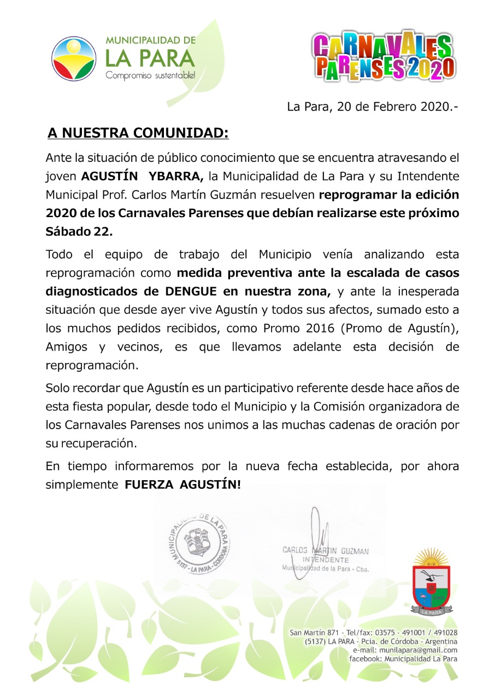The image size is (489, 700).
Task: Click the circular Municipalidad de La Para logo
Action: tap(74, 59)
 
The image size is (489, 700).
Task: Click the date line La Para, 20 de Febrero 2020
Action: tap(372, 107)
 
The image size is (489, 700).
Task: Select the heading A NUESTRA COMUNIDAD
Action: tap(138, 133)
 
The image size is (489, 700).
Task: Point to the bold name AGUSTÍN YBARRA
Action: tap(143, 176)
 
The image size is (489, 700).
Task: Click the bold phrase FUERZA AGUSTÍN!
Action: tap(183, 485)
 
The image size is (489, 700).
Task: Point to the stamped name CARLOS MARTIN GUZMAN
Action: tap(326, 551)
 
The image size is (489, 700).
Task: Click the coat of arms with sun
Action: tap(431, 582)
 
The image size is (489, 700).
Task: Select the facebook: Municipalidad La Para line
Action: tap(403, 658)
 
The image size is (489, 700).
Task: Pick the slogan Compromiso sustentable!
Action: tap(150, 75)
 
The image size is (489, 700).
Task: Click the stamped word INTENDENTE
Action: tap(326, 560)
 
